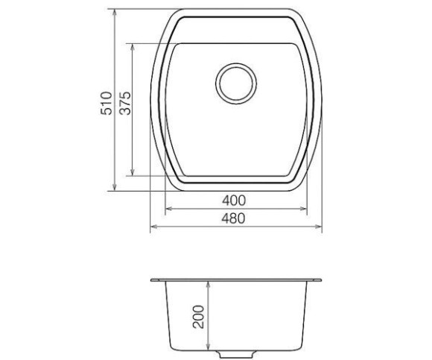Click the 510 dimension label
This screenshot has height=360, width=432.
[x=107, y=103]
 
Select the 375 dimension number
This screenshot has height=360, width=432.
[x=126, y=103]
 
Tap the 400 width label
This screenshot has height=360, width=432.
[x=234, y=200]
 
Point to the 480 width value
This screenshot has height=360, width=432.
[x=233, y=218]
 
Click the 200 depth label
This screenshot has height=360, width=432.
[x=198, y=317]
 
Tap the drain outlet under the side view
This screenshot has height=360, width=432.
[x=235, y=353]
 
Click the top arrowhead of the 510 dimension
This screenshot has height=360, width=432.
[x=115, y=13]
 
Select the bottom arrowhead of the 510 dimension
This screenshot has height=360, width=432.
[x=115, y=186]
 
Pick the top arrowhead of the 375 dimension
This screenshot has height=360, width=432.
[x=133, y=48]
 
